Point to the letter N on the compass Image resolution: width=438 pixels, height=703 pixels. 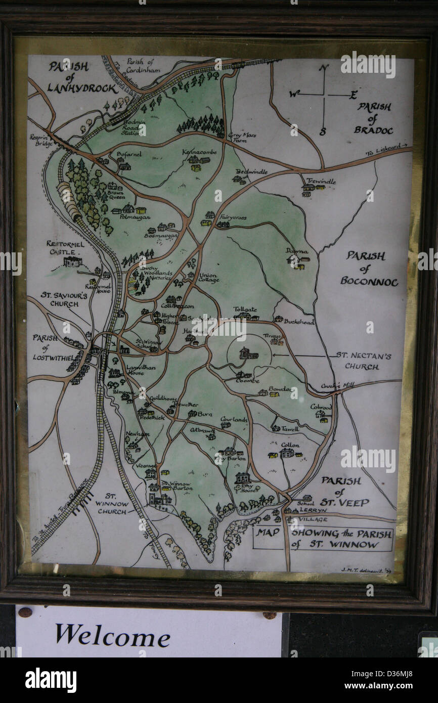pyautogui.click(x=324, y=68)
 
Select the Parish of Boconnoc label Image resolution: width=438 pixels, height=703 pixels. pyautogui.click(x=368, y=268)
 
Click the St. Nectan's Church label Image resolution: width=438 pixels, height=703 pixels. pyautogui.click(x=363, y=361)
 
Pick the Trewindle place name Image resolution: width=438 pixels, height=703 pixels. pyautogui.click(x=321, y=181)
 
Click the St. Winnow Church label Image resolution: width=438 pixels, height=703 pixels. pyautogui.click(x=112, y=504)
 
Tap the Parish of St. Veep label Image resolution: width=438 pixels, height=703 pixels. pyautogui.click(x=344, y=492)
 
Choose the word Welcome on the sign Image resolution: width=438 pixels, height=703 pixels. pyautogui.click(x=112, y=635)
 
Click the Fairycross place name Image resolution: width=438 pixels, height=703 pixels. pyautogui.click(x=233, y=217)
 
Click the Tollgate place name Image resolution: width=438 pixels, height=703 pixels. pyautogui.click(x=245, y=309)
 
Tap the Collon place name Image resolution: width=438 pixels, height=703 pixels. pyautogui.click(x=290, y=445)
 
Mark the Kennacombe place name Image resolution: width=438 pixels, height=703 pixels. pyautogui.click(x=199, y=152)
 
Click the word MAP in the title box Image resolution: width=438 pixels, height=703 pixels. pyautogui.click(x=268, y=532)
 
